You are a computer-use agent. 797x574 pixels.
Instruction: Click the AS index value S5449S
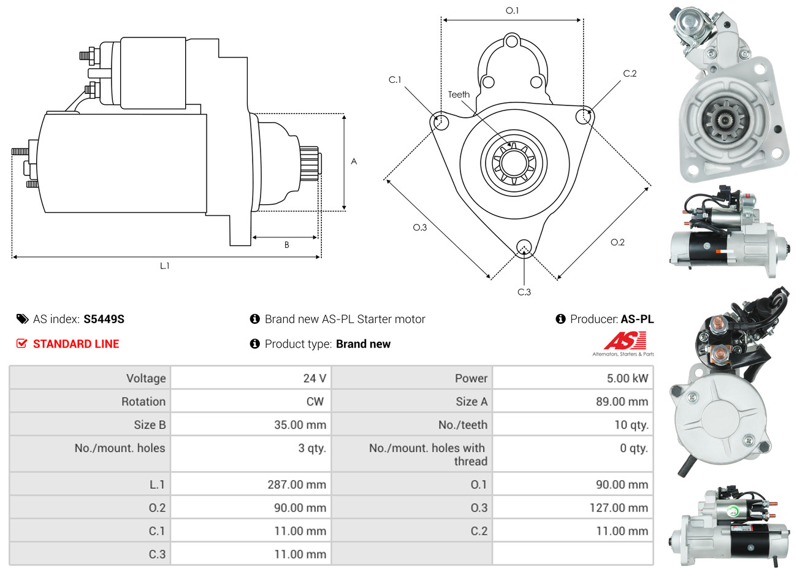[x=104, y=319]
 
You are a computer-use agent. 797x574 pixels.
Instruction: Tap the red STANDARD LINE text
[x=76, y=344]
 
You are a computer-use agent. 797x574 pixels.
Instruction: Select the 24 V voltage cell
[x=314, y=378]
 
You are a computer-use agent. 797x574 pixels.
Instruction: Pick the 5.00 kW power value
[x=627, y=378]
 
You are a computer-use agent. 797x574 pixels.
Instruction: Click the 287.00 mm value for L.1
[x=297, y=484]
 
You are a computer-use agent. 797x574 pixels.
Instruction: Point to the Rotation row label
[x=143, y=402]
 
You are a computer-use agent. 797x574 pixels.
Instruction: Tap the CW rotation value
[x=315, y=402]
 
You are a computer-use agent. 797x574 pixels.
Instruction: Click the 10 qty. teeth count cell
[x=631, y=425]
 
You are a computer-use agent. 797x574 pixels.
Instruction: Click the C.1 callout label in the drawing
[x=395, y=80]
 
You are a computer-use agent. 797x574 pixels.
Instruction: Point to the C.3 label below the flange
[x=524, y=292]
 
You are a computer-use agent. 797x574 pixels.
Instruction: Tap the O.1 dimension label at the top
[x=512, y=10]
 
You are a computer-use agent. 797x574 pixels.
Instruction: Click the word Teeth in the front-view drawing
[x=459, y=94]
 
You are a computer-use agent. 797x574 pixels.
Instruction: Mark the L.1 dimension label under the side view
[x=164, y=266]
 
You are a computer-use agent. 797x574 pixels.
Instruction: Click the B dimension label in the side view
[x=286, y=245]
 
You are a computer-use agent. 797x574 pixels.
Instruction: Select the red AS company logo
[x=625, y=341]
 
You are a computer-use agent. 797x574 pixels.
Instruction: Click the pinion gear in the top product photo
[x=724, y=122]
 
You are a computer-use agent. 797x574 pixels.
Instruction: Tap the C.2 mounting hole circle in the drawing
[x=585, y=116]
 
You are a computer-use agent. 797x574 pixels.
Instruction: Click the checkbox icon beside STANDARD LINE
[x=21, y=343]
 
